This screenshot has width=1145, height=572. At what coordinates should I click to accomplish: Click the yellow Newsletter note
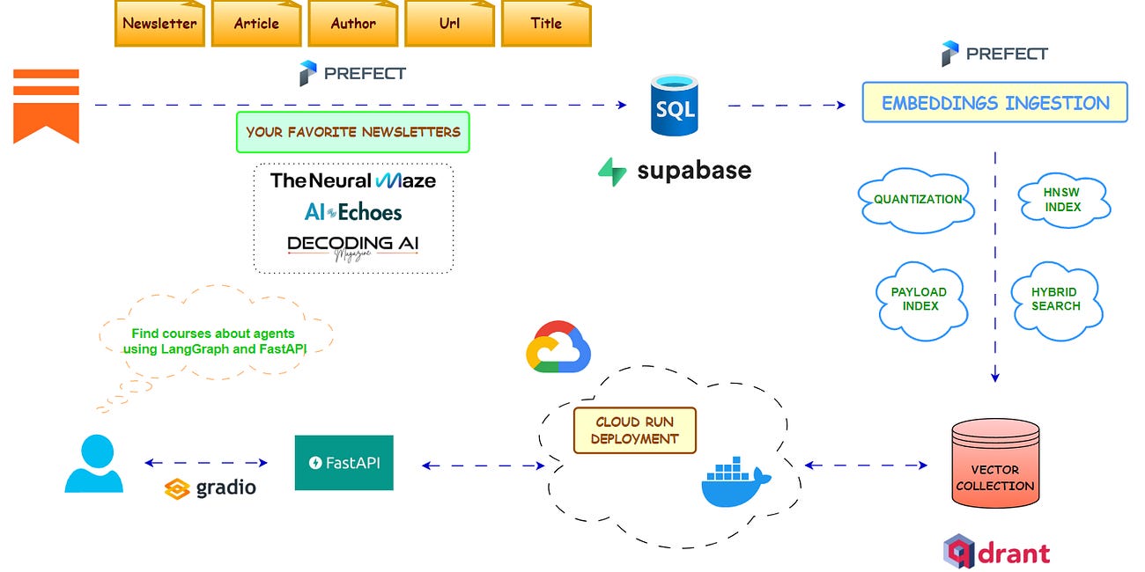[159, 24]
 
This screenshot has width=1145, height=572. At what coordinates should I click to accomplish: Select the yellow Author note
[353, 24]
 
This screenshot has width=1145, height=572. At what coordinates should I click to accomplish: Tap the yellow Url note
[449, 24]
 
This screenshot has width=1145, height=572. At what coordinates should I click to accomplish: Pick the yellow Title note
[546, 24]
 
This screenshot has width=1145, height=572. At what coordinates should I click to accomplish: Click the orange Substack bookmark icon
[46, 106]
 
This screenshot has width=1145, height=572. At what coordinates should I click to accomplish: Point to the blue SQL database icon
[674, 106]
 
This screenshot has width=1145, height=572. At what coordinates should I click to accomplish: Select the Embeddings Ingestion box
[994, 102]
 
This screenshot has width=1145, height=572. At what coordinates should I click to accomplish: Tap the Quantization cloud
[917, 200]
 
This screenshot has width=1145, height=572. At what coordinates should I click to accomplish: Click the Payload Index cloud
[919, 298]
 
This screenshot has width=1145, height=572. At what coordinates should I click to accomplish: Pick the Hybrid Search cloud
[1055, 298]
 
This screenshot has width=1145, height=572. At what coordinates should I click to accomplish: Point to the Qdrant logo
[997, 552]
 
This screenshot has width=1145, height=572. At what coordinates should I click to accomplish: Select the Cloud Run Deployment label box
[634, 429]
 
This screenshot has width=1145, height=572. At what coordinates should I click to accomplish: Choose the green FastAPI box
[343, 463]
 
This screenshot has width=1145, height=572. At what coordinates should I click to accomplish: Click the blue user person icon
[93, 464]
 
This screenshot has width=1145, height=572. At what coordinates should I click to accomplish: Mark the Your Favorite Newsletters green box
[352, 132]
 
